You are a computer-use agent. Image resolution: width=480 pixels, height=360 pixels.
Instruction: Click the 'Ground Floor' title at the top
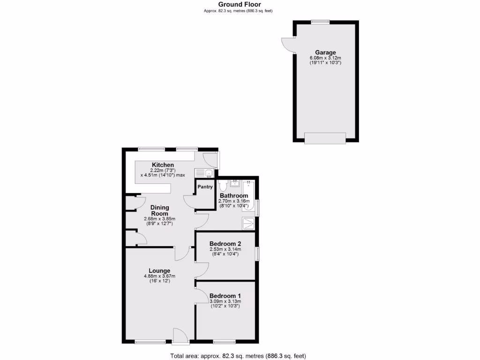240,4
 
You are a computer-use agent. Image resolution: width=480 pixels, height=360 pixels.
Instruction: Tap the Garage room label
325,52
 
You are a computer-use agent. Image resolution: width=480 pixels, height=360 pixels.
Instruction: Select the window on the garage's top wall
320,21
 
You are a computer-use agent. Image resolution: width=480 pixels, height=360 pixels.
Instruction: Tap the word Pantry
205,187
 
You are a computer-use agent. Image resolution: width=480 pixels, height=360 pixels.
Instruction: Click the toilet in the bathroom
223,184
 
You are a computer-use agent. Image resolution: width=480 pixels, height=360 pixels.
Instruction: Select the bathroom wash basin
236,182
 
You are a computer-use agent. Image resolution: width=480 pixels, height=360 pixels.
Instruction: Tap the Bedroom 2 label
225,244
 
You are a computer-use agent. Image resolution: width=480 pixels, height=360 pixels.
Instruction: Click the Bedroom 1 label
225,296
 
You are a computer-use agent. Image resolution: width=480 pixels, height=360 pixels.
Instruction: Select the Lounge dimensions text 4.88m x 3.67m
159,276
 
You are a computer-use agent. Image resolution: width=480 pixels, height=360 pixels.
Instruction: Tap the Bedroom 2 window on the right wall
257,253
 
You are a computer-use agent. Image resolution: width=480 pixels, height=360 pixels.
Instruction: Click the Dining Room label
159,210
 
